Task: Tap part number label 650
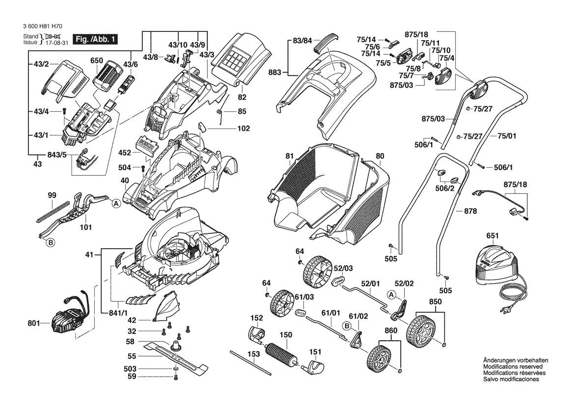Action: coord(97,61)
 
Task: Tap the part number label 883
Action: coord(274,73)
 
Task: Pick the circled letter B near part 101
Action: coord(50,242)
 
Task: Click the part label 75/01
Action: coord(507,136)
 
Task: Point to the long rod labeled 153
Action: coord(251,363)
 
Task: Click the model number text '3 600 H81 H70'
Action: coord(42,26)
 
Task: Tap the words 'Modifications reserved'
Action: coord(513,367)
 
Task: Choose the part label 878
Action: coord(470,211)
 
